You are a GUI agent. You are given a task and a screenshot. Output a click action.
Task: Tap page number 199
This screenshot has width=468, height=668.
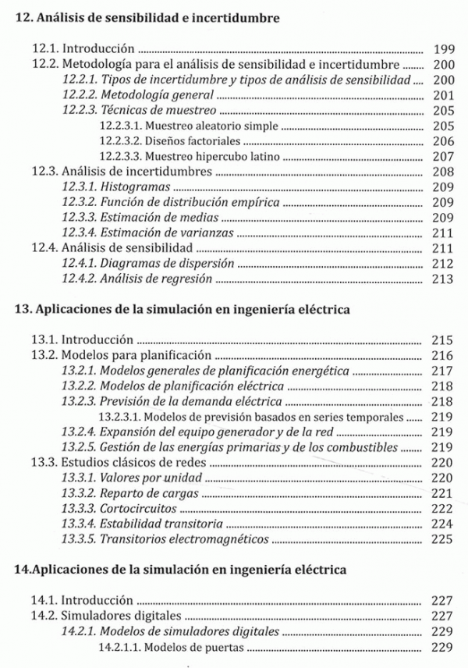click(441, 48)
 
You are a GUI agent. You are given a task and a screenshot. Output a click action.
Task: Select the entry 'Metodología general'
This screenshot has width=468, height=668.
click(151, 95)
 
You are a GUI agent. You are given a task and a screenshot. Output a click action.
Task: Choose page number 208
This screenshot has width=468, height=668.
click(441, 172)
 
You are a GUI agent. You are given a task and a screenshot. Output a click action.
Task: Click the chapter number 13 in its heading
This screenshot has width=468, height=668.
click(22, 309)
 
